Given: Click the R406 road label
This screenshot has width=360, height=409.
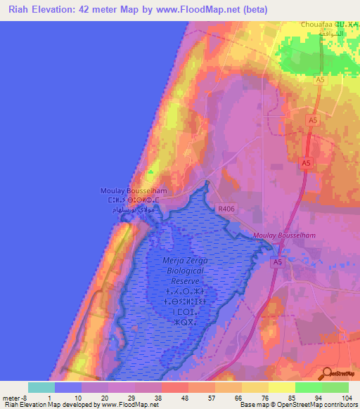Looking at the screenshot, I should (226, 208).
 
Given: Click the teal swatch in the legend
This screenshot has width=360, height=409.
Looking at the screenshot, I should (41, 387).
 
